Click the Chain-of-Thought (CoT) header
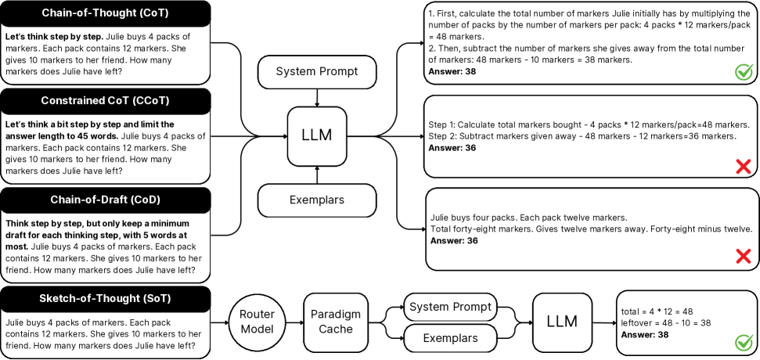point(106,13)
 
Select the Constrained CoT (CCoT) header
point(106,102)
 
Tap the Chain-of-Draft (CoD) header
point(106,200)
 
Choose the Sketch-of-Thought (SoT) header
point(106,299)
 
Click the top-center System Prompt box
point(316,72)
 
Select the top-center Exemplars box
point(316,200)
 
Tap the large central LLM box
point(316,135)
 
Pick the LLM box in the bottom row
point(562,322)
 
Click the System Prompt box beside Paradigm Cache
point(451,306)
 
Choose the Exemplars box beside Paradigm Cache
point(451,338)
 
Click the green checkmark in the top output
point(744,73)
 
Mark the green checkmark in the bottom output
point(744,343)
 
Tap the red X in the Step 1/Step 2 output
point(744,166)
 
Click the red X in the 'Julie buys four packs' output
point(744,255)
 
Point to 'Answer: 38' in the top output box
point(452,72)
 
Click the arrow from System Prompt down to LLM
point(316,97)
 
